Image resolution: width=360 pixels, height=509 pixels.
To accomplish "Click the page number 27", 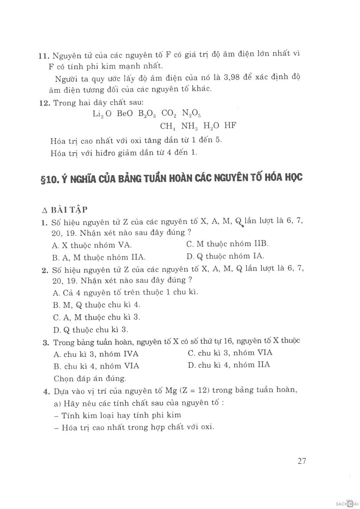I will (302, 461).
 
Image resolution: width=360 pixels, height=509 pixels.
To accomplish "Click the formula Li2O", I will (102, 114).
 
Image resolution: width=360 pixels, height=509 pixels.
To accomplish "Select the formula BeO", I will (125, 114).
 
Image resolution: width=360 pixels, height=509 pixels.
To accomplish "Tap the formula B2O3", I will (147, 114).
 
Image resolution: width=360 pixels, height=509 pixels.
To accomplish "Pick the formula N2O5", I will (191, 114).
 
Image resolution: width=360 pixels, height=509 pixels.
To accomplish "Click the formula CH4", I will (168, 126).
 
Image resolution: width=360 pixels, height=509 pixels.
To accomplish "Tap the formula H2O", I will (212, 126).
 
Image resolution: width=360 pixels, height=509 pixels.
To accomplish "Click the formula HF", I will (230, 126).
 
